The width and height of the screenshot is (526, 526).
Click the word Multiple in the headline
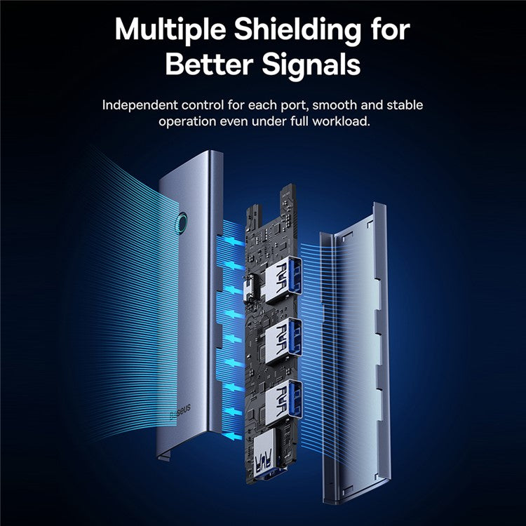[170, 29]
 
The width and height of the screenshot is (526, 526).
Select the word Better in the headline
[209, 64]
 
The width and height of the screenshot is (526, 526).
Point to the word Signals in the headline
[311, 65]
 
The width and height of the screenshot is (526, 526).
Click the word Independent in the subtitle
[140, 106]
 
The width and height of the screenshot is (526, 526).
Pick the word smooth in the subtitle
[335, 105]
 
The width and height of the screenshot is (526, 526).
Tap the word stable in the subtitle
[405, 105]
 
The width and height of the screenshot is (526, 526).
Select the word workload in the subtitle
[341, 121]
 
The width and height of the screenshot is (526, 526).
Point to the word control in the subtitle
[203, 105]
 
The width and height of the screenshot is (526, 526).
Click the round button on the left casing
[182, 222]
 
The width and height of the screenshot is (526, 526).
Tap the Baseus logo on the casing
[180, 411]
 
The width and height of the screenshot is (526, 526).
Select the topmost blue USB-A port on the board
[283, 277]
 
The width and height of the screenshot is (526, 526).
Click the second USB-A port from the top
[283, 340]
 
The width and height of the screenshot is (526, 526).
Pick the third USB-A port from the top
[283, 403]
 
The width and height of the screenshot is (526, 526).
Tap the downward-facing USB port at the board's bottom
[265, 453]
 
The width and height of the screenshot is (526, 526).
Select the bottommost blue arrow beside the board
[233, 436]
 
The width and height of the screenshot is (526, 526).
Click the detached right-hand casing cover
[355, 352]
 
